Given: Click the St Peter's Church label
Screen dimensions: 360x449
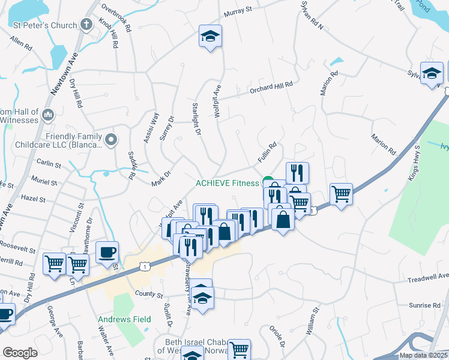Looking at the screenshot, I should click(x=46, y=25).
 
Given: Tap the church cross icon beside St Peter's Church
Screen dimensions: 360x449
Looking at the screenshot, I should click(x=87, y=25).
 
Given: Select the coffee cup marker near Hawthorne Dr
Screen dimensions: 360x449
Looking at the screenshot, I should click(x=107, y=253).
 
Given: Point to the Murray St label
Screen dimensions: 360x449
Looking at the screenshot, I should click(x=237, y=12).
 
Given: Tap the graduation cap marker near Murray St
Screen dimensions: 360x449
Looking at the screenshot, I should click(x=210, y=37).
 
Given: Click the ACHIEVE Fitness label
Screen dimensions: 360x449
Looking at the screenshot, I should click(x=228, y=183).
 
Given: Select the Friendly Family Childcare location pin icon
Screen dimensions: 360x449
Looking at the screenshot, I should click(x=110, y=140).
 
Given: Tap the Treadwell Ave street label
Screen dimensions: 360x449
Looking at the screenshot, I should click(x=428, y=277).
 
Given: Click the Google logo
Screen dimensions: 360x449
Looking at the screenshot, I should click(x=20, y=352).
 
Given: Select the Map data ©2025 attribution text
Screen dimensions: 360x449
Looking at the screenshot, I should click(x=423, y=355).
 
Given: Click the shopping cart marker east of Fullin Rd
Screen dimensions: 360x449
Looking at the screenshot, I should click(x=341, y=194).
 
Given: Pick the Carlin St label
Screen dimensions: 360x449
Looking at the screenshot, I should click(x=49, y=163).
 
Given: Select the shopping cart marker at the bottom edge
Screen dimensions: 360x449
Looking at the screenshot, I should click(x=239, y=350).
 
